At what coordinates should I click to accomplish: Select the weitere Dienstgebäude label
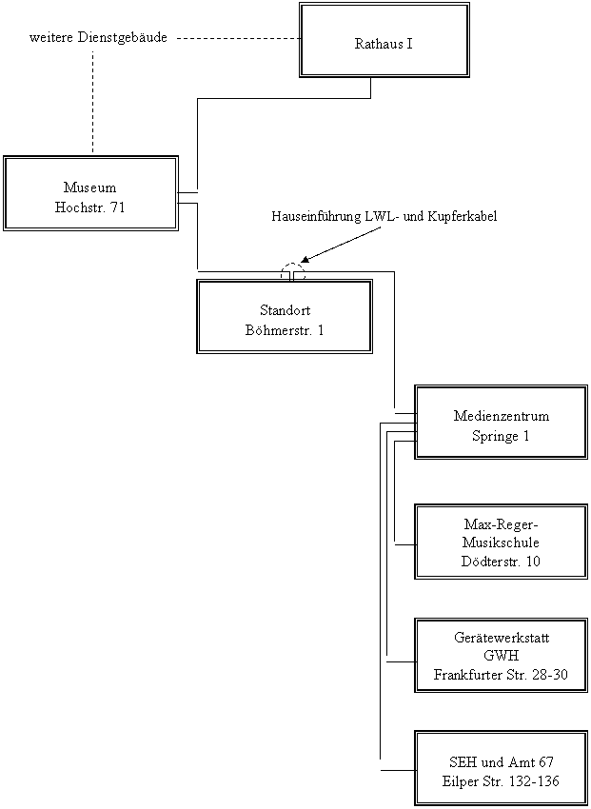pyautogui.click(x=107, y=37)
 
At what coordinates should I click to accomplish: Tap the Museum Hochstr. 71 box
pyautogui.click(x=90, y=193)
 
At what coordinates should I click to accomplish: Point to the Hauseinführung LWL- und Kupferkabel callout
pyautogui.click(x=397, y=217)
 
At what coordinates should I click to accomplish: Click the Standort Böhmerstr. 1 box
pyautogui.click(x=284, y=317)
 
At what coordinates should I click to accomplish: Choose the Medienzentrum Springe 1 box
pyautogui.click(x=501, y=423)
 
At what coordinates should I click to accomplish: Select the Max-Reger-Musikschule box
pyautogui.click(x=501, y=542)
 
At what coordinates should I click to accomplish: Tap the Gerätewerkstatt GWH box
pyautogui.click(x=501, y=656)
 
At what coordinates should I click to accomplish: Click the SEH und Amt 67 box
pyautogui.click(x=501, y=769)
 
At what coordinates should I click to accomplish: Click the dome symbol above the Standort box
pyautogui.click(x=293, y=273)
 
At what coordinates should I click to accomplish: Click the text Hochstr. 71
pyautogui.click(x=90, y=207)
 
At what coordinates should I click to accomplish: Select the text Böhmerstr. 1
pyautogui.click(x=285, y=330)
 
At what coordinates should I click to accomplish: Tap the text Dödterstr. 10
pyautogui.click(x=502, y=561)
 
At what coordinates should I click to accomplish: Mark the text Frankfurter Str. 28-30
pyautogui.click(x=501, y=674)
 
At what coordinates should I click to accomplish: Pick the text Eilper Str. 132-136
pyautogui.click(x=501, y=780)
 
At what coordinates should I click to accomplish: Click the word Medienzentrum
pyautogui.click(x=501, y=417)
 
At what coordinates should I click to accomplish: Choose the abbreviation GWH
pyautogui.click(x=501, y=656)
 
